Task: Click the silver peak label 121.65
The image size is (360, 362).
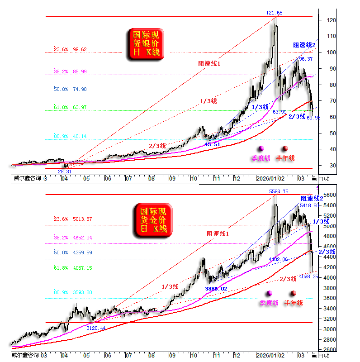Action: (x=274, y=13)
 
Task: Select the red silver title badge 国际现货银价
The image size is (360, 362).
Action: (x=145, y=44)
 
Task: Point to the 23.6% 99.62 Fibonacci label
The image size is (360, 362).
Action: (x=70, y=50)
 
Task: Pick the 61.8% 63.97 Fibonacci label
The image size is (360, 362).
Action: (x=70, y=107)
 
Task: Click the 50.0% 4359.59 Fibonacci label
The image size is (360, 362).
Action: (x=73, y=252)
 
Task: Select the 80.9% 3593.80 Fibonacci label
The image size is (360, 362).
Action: (x=73, y=292)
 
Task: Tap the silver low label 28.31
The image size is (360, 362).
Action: (x=64, y=172)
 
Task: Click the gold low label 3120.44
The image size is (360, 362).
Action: (x=96, y=328)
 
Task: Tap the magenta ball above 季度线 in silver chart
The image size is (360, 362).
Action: (x=261, y=148)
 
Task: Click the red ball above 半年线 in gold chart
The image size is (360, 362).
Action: (x=293, y=293)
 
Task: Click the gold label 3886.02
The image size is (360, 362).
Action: (x=216, y=288)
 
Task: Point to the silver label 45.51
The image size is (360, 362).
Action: (x=213, y=144)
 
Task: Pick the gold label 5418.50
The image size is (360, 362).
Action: (x=309, y=205)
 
